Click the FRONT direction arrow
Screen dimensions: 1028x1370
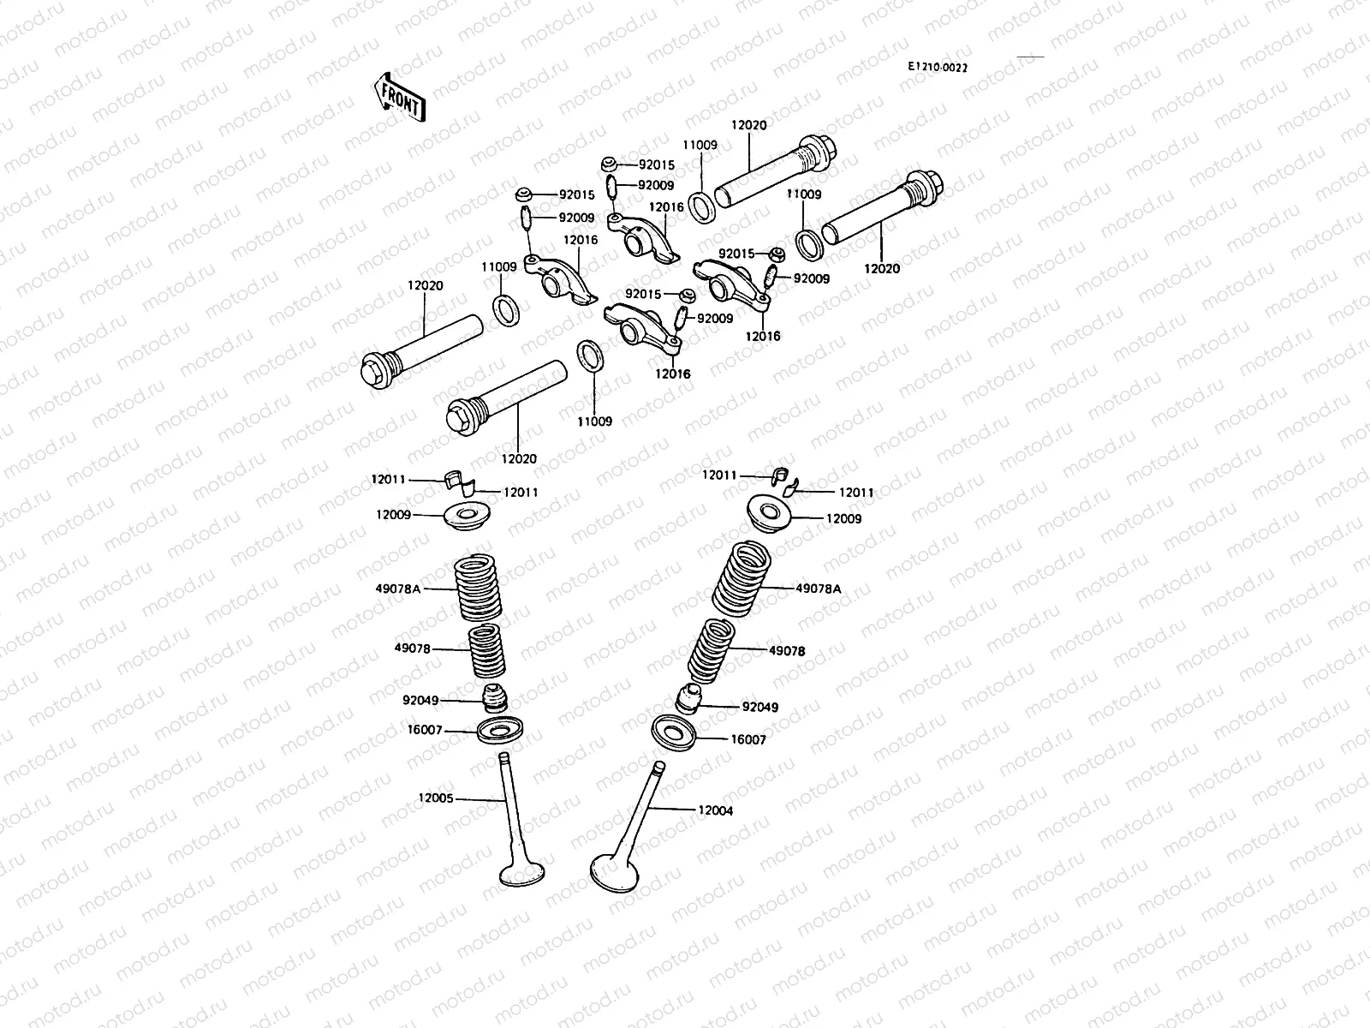[x=399, y=97]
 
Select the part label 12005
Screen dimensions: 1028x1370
[x=436, y=798]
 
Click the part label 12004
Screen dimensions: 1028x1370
[x=715, y=810]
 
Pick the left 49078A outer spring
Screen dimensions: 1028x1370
[x=477, y=589]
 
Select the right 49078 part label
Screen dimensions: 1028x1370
[x=787, y=651]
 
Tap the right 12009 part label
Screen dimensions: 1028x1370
[x=843, y=518]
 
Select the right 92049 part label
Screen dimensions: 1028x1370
[x=760, y=708]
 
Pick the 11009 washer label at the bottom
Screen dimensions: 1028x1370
[x=594, y=421]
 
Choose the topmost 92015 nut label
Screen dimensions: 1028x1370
[x=657, y=164]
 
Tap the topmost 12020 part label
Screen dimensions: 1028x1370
[x=749, y=125]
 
